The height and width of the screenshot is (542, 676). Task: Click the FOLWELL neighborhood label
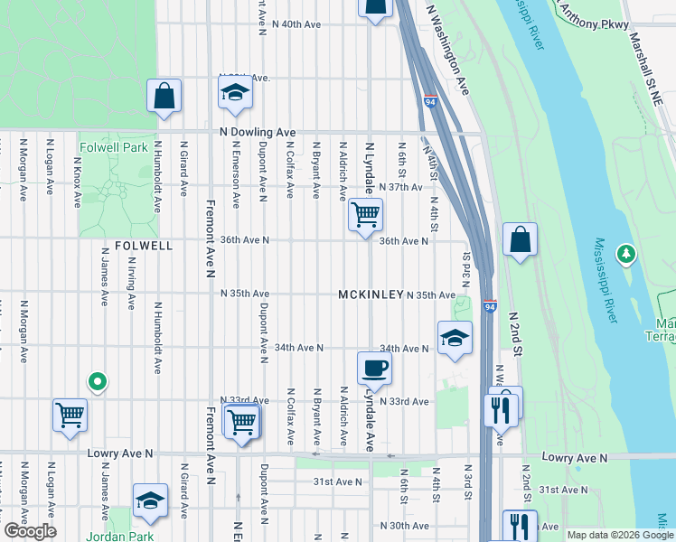tap(137, 245)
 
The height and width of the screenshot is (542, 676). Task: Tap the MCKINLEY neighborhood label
tap(370, 295)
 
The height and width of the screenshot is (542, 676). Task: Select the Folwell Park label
tap(113, 147)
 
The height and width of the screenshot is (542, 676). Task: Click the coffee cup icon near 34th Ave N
tap(374, 367)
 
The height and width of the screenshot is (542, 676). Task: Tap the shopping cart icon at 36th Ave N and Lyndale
tap(365, 215)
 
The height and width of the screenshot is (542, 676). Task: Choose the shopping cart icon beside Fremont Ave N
tap(242, 421)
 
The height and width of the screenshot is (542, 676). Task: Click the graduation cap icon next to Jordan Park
tap(150, 500)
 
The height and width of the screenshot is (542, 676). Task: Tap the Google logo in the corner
tap(30, 531)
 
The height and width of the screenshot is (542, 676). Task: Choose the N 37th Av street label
tap(401, 187)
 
